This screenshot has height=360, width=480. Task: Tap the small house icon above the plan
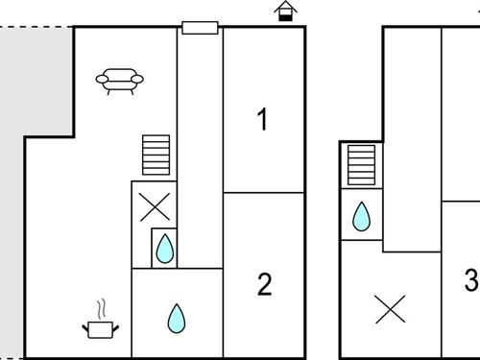point(284,12)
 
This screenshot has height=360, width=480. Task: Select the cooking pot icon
point(101,329)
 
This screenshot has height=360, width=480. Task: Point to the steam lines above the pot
point(101,309)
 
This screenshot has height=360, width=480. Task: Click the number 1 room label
point(262,120)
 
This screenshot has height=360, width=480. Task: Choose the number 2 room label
point(264,284)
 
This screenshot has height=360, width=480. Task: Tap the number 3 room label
point(470,280)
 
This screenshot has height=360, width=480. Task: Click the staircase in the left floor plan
point(156,155)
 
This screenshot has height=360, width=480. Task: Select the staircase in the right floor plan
point(360,165)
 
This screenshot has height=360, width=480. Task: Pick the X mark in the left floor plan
point(154,204)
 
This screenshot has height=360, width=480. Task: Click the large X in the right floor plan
point(389,309)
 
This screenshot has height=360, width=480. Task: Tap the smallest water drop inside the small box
point(165,250)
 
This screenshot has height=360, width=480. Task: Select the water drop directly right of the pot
point(176,318)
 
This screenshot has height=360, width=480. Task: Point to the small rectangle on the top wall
point(200,27)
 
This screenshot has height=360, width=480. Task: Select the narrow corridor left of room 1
point(200,144)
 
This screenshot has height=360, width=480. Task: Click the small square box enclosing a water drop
point(165,247)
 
